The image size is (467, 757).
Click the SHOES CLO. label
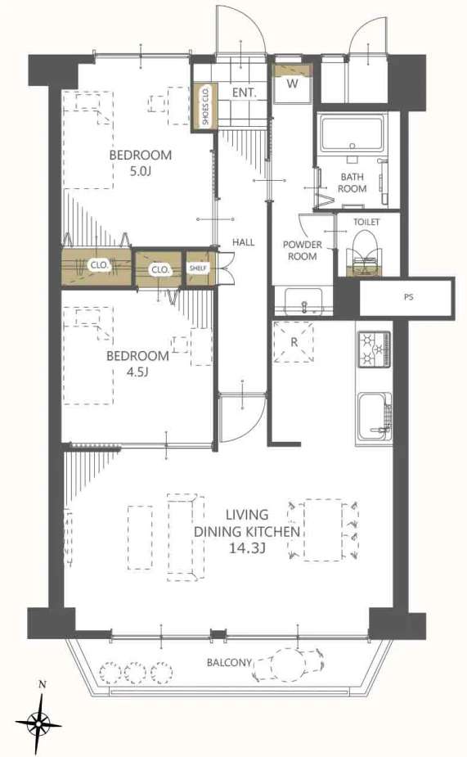tap(205, 106)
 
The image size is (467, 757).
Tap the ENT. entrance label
tap(244, 92)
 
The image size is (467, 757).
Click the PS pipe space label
tap(409, 297)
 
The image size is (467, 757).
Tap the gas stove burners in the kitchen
tap(374, 348)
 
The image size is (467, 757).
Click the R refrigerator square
tap(294, 342)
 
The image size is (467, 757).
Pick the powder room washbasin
tap(304, 302)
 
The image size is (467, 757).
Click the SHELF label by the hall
tap(198, 268)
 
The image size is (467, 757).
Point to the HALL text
tap(244, 242)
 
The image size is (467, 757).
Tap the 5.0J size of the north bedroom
tap(141, 171)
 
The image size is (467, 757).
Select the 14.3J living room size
tap(248, 548)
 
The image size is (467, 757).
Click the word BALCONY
tap(230, 662)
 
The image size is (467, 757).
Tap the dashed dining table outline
tap(323, 530)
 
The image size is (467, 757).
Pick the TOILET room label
tap(366, 222)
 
